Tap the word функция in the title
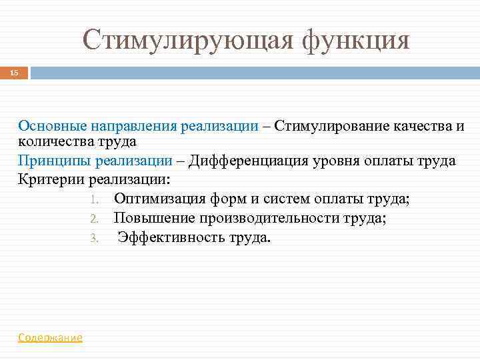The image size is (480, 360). tap(355, 40)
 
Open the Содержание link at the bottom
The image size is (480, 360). tap(50, 338)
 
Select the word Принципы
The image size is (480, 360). tap(54, 161)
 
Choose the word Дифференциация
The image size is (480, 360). tap(243, 161)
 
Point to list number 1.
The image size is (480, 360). tap(94, 199)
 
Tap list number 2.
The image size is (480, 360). tap(94, 218)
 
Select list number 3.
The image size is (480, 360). tap(94, 237)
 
